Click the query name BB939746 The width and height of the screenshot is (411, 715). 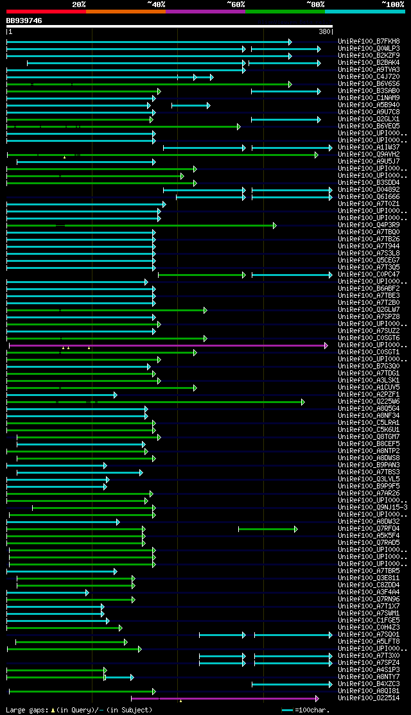click(x=24, y=21)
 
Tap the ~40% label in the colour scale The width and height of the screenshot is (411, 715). click(x=156, y=4)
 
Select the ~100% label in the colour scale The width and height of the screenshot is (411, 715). click(x=393, y=4)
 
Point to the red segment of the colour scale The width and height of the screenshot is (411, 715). click(x=46, y=11)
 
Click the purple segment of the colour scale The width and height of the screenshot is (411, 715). click(x=205, y=11)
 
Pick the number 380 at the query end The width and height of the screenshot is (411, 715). click(x=324, y=31)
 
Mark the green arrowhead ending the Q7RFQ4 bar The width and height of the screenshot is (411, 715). click(x=295, y=529)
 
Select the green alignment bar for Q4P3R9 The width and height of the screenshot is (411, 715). click(x=141, y=225)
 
